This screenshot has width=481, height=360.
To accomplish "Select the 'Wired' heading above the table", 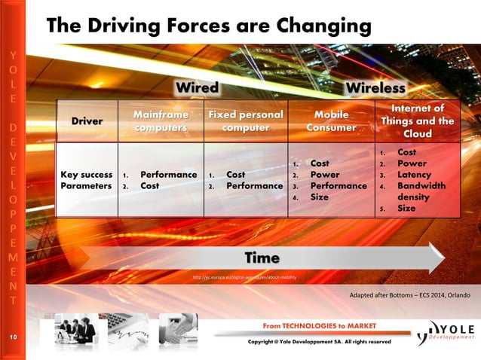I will (x=197, y=88).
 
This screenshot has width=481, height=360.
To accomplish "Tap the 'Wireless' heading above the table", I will (x=375, y=88).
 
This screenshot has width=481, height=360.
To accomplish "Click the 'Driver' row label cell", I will (x=87, y=121).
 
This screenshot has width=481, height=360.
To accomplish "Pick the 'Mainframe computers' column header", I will (x=160, y=121).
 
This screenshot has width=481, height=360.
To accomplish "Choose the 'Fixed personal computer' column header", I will (x=245, y=121).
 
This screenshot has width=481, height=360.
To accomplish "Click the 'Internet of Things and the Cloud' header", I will (x=417, y=121).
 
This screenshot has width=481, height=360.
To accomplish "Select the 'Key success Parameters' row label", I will (x=87, y=180).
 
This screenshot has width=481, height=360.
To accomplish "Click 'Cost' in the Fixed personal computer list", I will (x=235, y=175).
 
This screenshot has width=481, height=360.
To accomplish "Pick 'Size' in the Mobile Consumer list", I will (x=319, y=197).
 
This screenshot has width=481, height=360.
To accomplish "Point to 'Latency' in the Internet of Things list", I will (x=414, y=175).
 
